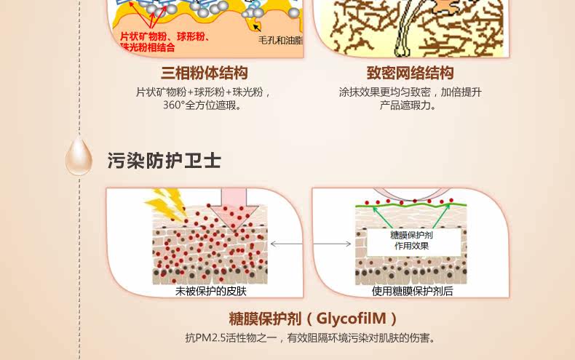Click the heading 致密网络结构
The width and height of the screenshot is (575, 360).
pyautogui.click(x=410, y=73)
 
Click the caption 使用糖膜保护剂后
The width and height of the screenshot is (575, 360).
pyautogui.click(x=412, y=291)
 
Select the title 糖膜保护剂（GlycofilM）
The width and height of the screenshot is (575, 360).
pyautogui.click(x=313, y=319)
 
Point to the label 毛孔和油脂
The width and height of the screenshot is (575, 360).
pyautogui.click(x=280, y=41)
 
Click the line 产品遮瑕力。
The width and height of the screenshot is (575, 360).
pyautogui.click(x=409, y=105)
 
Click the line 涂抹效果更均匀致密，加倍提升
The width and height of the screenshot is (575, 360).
pyautogui.click(x=410, y=92)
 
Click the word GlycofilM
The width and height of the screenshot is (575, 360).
pyautogui.click(x=352, y=319)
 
